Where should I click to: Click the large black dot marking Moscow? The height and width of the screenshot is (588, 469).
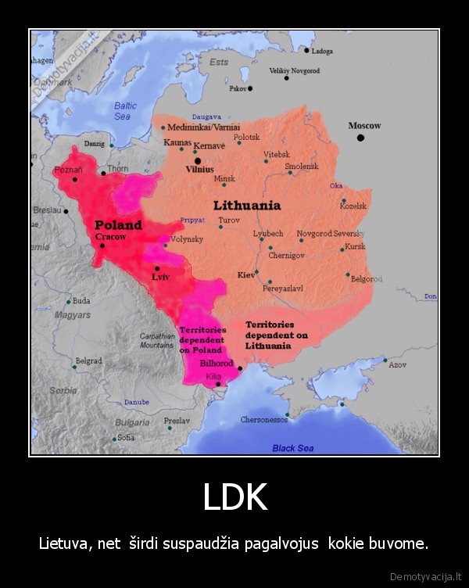[x=360, y=138]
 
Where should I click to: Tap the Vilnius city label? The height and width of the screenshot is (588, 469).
[x=200, y=168]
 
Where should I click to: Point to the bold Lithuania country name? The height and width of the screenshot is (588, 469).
[x=247, y=206]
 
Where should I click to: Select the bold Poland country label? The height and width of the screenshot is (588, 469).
[x=118, y=224]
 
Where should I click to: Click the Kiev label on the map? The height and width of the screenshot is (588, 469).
[x=245, y=274]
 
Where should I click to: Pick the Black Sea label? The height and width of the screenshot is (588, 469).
[x=292, y=448]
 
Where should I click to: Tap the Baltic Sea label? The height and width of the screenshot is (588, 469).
[x=125, y=111]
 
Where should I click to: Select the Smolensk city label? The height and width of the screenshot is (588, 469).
[x=301, y=166]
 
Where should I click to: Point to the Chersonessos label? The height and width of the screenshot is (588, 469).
[x=263, y=420]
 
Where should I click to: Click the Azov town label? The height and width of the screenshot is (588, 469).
[x=397, y=365]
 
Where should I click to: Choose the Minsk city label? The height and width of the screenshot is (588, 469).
[x=224, y=179]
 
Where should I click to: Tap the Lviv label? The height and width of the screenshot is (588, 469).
[x=160, y=277]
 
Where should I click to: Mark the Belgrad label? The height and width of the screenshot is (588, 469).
[x=88, y=361]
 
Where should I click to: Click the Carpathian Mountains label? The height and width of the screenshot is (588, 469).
[x=156, y=340]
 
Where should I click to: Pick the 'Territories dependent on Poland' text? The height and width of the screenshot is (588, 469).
[x=202, y=340]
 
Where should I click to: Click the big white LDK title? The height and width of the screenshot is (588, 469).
[x=234, y=497]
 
